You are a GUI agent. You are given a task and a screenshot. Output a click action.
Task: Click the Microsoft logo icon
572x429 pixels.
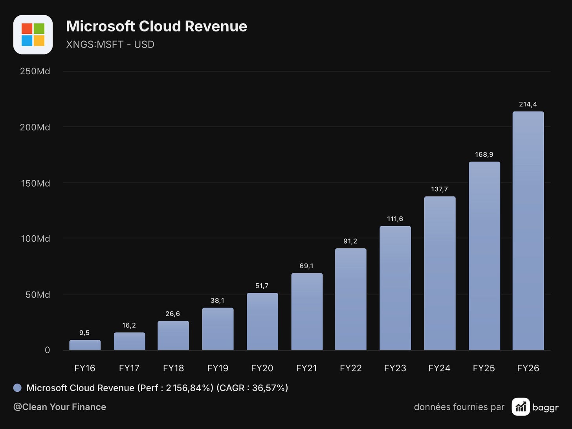pos(33,35)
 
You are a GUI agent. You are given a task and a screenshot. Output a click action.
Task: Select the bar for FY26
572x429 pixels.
pos(528,231)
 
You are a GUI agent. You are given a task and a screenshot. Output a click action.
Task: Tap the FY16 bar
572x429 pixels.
pos(85,345)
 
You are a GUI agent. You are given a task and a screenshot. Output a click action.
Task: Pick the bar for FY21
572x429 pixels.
pos(307,312)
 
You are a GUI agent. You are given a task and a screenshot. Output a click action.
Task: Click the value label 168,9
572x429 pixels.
pos(484,154)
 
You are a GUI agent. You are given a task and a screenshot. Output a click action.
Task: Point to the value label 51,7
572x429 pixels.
pos(262,286)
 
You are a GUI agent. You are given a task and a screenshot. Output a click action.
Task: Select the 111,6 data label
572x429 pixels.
pos(395,219)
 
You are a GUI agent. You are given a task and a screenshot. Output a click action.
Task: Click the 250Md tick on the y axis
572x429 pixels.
pos(35,71)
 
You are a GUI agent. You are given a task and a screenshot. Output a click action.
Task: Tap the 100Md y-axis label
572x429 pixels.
pos(35,238)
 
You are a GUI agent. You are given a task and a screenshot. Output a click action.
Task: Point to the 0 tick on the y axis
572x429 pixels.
pos(47,350)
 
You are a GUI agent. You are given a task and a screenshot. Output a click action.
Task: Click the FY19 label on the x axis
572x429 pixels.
pos(218,368)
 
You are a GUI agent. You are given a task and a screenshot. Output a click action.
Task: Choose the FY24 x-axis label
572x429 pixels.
pos(439,368)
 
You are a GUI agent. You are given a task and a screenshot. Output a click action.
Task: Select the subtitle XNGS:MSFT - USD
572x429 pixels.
pos(110,44)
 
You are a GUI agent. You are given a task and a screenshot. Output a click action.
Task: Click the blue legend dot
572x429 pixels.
pos(17,388)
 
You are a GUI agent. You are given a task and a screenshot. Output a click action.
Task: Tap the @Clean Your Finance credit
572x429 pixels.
pos(60,407)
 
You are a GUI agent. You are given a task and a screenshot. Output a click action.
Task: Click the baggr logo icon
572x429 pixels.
pos(521,407)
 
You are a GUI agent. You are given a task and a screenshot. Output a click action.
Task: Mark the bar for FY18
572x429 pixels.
pos(173,335)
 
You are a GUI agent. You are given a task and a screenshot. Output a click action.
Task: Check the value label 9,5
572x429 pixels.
pos(84,333)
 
